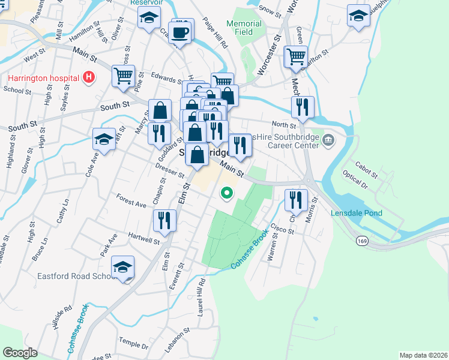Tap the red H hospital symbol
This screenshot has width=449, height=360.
[89, 77]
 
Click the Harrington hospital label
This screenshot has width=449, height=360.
[43, 77]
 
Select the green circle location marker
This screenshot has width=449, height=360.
[226, 193]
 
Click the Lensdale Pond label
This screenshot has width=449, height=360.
[356, 213]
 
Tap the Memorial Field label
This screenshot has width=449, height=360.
[244, 28]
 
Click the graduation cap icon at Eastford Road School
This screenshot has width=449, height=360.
[123, 268]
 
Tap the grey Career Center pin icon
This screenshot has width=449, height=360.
[328, 141]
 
